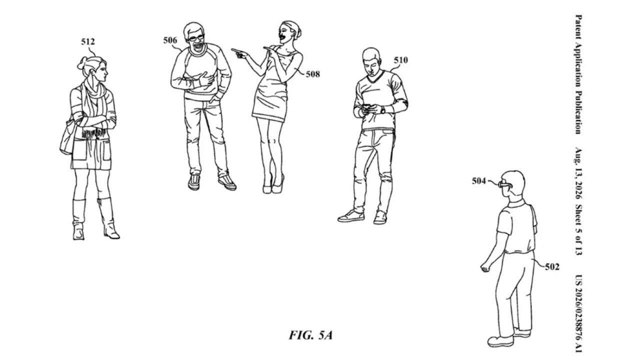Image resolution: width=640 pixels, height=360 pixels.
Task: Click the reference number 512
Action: [87, 41]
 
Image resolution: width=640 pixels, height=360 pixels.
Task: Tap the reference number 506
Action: [170, 40]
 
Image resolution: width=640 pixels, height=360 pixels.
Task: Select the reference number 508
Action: [313, 74]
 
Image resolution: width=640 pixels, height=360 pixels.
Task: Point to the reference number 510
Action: [401, 60]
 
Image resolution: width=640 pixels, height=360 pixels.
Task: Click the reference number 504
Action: [478, 181]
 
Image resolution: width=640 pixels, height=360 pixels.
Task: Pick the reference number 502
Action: [552, 267]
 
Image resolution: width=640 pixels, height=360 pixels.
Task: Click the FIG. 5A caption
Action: [311, 335]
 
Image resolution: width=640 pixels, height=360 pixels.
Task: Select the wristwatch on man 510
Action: [382, 109]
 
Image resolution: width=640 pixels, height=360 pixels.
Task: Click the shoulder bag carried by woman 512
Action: [67, 137]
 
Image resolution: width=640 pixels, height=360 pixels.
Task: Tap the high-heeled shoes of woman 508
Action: [273, 185]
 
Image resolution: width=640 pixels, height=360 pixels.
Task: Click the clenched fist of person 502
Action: [485, 267]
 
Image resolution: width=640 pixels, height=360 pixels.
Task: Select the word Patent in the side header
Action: [578, 27]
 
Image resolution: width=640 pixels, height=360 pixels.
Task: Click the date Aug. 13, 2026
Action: [578, 173]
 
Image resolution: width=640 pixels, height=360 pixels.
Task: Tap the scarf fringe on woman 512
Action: [93, 133]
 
